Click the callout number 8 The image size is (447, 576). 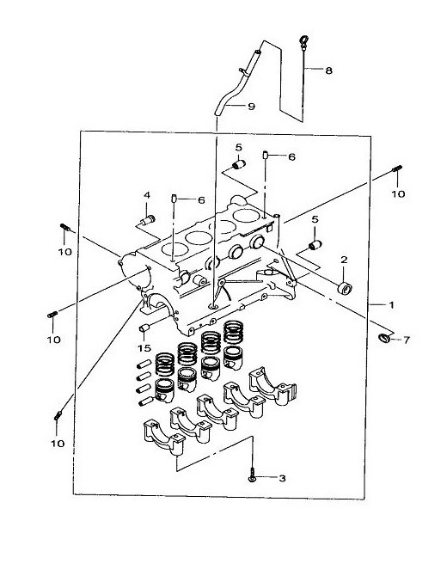click(328, 70)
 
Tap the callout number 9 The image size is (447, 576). click(251, 107)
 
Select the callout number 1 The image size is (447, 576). click(391, 304)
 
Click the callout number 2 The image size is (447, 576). click(344, 260)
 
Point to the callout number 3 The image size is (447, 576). click(282, 478)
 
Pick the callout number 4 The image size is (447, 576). click(147, 195)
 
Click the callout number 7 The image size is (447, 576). click(407, 340)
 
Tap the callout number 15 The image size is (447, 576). click(144, 347)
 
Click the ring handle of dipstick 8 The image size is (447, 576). click(304, 40)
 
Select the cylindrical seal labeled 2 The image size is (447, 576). click(345, 288)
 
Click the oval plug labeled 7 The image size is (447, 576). click(384, 338)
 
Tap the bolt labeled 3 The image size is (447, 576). click(252, 475)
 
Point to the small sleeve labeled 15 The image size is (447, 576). click(144, 328)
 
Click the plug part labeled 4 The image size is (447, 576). click(149, 220)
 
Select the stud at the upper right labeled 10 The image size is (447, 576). click(397, 169)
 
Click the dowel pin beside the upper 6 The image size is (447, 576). click(265, 156)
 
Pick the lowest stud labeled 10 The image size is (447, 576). click(58, 416)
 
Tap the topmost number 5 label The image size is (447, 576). click(239, 148)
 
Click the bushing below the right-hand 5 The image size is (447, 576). click(315, 244)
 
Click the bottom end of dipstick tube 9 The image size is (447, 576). click(217, 113)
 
